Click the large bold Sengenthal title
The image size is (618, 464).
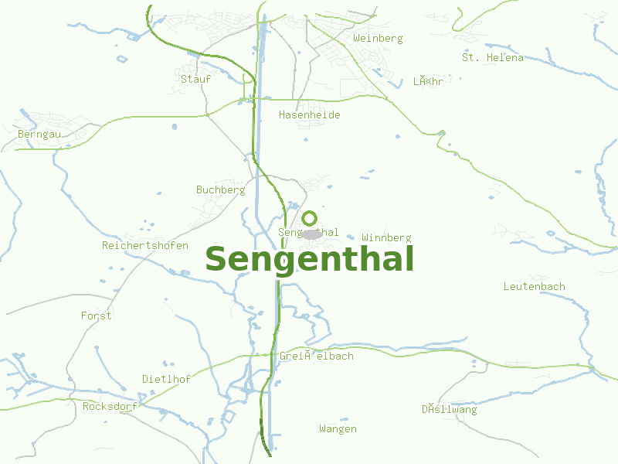(x=309, y=259)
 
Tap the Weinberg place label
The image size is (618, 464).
(x=378, y=38)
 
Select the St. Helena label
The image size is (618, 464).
(x=492, y=57)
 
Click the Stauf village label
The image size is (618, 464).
(x=195, y=78)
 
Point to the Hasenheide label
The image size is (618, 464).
(x=309, y=114)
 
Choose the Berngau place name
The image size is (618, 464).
(x=39, y=134)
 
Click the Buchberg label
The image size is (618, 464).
(x=220, y=189)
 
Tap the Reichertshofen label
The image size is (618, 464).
(x=145, y=245)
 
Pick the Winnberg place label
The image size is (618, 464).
(x=386, y=237)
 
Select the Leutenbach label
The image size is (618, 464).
(x=534, y=286)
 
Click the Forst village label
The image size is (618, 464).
(x=96, y=316)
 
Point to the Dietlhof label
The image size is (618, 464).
(x=166, y=379)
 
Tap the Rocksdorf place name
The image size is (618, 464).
(x=110, y=406)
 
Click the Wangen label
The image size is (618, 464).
(x=338, y=428)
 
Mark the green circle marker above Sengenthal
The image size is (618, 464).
(x=309, y=218)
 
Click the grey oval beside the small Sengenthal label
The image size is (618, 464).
(x=311, y=234)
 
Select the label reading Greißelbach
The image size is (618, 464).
(x=316, y=356)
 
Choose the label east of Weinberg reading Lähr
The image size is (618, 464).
(x=427, y=81)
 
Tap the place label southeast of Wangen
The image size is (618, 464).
(x=449, y=409)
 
